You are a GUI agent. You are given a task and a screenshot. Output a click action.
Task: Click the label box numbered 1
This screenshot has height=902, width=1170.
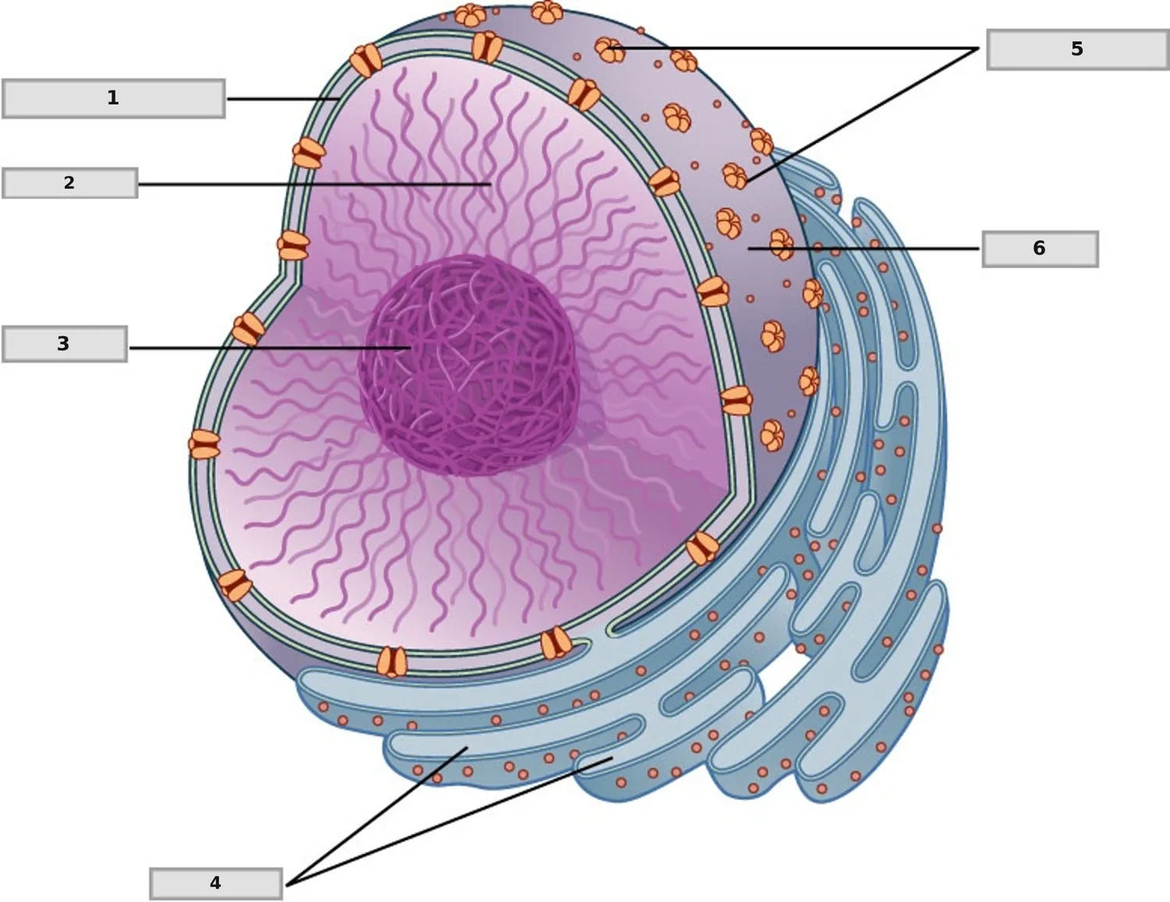click(114, 98)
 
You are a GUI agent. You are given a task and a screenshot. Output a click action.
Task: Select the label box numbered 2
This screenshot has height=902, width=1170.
click(69, 183)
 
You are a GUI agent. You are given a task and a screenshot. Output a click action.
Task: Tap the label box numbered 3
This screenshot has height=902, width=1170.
click(65, 343)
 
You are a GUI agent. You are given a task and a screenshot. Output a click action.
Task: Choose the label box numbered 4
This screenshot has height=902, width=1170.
click(216, 883)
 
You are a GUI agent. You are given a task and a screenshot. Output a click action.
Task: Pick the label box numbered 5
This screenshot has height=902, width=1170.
click(1077, 49)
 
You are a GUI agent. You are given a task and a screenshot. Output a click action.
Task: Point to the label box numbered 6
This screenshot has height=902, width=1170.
click(1041, 249)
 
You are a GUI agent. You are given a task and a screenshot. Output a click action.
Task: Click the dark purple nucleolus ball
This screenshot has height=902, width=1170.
click(467, 366)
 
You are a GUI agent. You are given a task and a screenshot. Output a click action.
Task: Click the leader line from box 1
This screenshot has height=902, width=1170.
click(282, 99)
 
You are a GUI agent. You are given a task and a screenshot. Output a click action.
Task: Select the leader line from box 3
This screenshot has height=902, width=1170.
click(271, 349)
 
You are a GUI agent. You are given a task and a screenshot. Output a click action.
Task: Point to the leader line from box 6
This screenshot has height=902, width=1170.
click(863, 249)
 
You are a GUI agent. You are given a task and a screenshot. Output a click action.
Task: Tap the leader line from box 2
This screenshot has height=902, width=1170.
click(314, 184)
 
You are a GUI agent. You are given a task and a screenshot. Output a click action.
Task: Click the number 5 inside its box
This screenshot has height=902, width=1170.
click(1077, 49)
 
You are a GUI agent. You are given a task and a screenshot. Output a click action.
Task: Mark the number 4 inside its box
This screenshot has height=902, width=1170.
click(215, 882)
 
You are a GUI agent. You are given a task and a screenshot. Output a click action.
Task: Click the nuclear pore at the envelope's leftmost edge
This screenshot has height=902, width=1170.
click(204, 444)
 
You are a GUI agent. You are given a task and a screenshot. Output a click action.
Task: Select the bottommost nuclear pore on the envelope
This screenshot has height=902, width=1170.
click(392, 662)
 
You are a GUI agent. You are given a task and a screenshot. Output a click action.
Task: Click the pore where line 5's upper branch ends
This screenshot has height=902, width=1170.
click(609, 50)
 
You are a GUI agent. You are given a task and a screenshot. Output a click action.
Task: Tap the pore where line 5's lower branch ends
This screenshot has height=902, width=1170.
click(735, 176)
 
